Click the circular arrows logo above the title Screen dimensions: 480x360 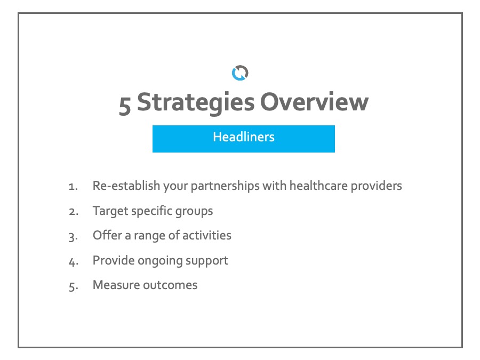click(240, 73)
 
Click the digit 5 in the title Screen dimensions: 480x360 click(125, 105)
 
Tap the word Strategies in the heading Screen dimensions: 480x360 click(196, 102)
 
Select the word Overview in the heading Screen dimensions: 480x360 click(314, 102)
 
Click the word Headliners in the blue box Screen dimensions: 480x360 click(244, 137)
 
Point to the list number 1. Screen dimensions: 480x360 click(73, 187)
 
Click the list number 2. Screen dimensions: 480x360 click(74, 212)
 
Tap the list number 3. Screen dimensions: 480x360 click(74, 237)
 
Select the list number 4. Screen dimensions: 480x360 click(74, 262)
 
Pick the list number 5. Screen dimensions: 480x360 click(74, 286)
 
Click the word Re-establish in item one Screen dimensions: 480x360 click(126, 186)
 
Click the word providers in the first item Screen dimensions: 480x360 click(376, 186)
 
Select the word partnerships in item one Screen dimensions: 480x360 click(225, 186)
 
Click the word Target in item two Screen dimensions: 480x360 click(110, 211)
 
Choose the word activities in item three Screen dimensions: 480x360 click(207, 235)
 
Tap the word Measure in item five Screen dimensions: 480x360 click(116, 285)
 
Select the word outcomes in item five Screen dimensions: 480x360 click(171, 285)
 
